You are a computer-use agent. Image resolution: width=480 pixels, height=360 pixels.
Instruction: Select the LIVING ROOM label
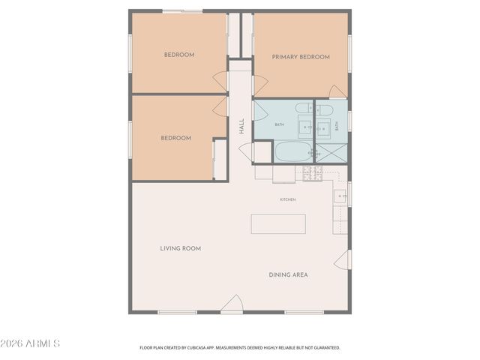180,248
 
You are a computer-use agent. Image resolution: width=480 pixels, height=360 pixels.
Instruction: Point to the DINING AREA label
288,274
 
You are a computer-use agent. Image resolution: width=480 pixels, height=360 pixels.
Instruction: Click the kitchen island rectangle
278,223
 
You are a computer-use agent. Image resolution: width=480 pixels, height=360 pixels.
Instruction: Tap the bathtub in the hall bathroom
292,152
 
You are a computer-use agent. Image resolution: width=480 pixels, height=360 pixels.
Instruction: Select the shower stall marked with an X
331,151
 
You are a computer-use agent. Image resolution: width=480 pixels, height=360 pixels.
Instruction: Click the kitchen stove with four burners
313,173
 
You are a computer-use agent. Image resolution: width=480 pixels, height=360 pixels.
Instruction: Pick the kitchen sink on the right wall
340,196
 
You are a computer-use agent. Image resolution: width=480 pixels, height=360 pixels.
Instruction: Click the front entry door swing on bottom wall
232,304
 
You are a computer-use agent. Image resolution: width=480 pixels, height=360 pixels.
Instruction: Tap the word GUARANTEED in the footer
324,348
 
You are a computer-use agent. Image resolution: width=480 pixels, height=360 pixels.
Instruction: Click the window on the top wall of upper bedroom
182,11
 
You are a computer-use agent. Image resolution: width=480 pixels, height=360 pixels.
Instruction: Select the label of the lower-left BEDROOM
175,138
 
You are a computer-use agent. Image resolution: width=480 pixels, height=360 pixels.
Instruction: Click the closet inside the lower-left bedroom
220,159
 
